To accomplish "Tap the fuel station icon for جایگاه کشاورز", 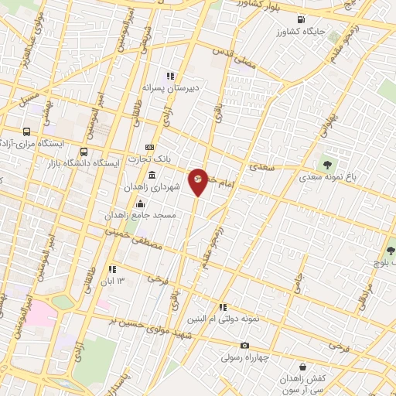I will [300, 19].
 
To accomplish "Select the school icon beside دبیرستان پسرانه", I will [169, 76].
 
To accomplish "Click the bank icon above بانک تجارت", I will [149, 148].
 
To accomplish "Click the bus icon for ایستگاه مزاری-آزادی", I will [27, 131].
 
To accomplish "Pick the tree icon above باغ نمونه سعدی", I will [328, 164].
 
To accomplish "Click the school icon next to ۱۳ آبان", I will [113, 269].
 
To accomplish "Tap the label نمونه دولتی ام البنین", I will [218, 319].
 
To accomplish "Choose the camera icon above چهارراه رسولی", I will [245, 346].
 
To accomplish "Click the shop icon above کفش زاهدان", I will [300, 368].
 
